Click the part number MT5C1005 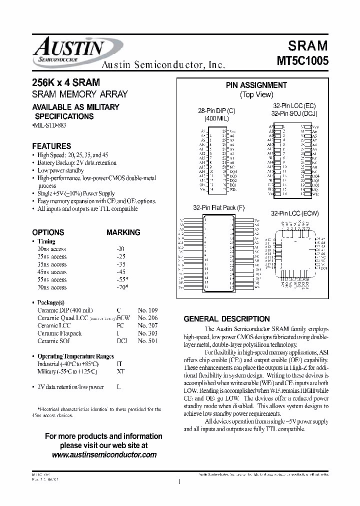click(x=302, y=61)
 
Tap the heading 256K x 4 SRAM click(x=65, y=82)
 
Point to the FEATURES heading click(x=51, y=146)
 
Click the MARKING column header click(x=123, y=232)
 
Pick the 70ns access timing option click(x=52, y=287)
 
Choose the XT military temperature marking click(x=119, y=371)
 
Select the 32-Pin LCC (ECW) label click(x=294, y=213)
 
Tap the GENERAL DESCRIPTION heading click(x=226, y=319)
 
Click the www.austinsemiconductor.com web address click(x=104, y=454)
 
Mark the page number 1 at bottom click(x=178, y=482)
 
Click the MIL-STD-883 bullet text click(x=49, y=124)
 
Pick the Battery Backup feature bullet click(x=77, y=163)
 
